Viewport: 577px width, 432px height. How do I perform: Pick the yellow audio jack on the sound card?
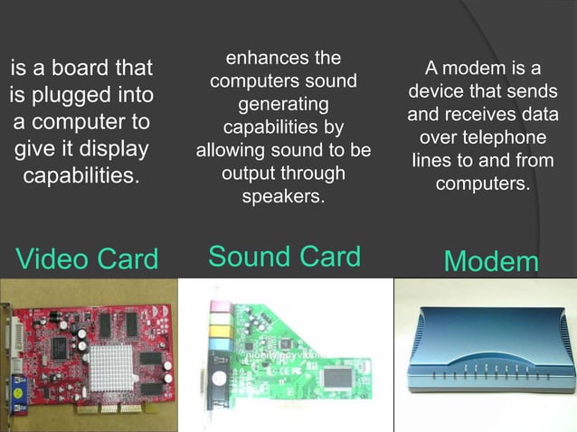tap(217, 331)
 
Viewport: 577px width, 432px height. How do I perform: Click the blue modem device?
tap(485, 352)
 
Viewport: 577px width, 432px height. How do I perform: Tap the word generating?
tap(283, 105)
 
